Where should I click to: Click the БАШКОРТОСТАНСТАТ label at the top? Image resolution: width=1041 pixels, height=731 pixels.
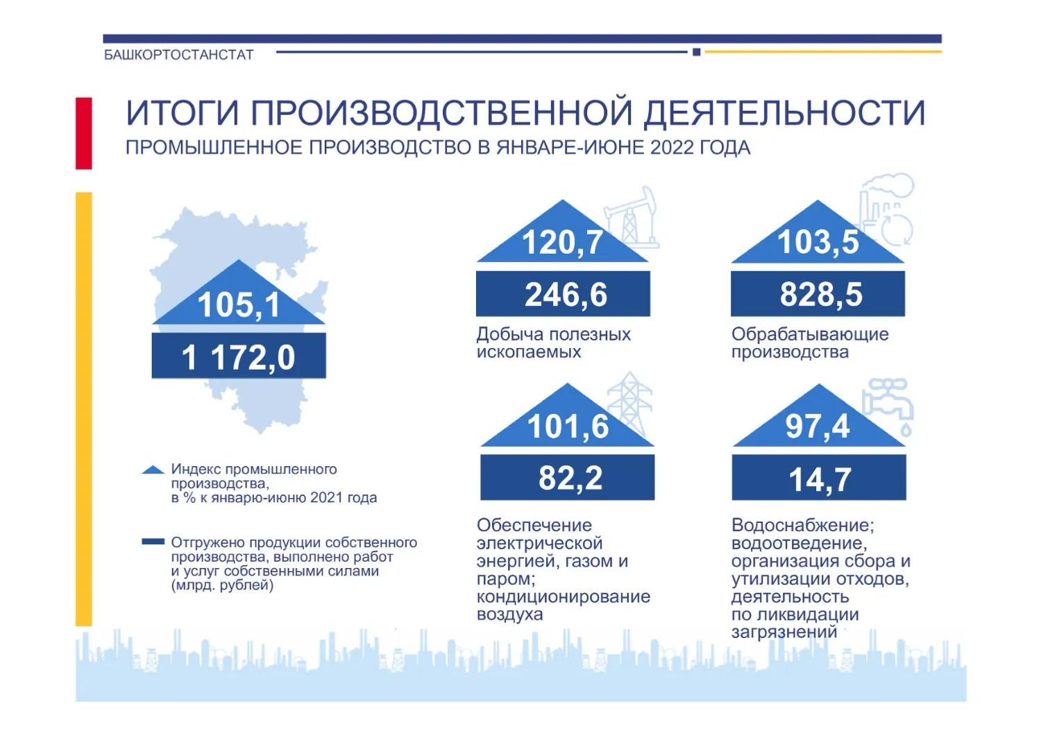pos(179,55)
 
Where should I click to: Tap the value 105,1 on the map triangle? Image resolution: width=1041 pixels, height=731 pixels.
pos(239,304)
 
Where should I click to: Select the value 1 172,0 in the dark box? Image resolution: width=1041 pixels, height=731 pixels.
pos(238,358)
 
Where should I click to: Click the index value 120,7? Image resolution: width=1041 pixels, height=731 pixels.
pos(562,243)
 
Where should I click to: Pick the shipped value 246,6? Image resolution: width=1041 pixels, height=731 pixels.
pos(566,295)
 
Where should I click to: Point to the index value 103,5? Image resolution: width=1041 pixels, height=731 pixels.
pos(818,243)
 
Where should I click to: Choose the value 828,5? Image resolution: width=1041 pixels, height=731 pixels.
pos(821,295)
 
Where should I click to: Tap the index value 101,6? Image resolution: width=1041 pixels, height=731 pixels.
pos(568,427)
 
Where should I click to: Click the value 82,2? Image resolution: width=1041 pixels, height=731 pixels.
pos(570,478)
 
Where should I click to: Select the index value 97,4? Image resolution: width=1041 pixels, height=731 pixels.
pos(818,427)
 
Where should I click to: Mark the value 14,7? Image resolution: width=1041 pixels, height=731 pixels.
pos(820,479)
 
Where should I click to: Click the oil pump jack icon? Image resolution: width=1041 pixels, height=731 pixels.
pos(632,218)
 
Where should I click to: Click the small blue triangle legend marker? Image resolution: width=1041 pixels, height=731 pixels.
pos(153,470)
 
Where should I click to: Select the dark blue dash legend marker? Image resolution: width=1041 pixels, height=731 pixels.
pos(153,542)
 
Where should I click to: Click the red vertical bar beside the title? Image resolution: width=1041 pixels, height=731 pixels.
pos(84,133)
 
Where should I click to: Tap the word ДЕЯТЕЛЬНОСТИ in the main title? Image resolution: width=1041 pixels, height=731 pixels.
pos(784,113)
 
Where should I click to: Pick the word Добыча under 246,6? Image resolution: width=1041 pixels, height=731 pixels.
pos(510,334)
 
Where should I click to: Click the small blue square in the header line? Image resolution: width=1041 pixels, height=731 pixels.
pos(696,52)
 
